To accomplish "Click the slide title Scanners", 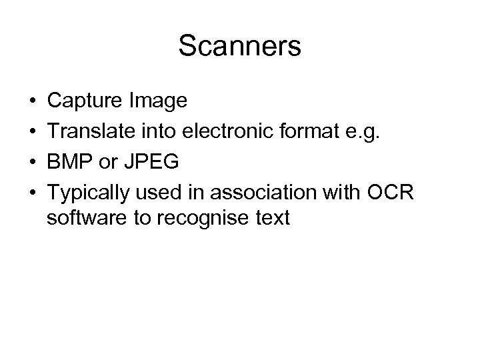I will pos(240,47).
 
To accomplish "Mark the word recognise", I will pos(211,217).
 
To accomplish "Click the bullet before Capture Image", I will pos(31,101).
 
